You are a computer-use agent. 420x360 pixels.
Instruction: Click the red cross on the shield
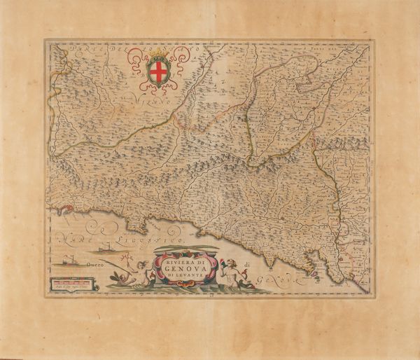(x=159, y=71)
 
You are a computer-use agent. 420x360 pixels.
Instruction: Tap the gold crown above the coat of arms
(x=157, y=54)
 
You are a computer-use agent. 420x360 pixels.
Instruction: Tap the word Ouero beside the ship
(x=96, y=264)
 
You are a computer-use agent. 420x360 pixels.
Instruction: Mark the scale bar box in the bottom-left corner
(x=69, y=284)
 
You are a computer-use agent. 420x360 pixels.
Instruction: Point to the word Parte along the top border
(x=77, y=48)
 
